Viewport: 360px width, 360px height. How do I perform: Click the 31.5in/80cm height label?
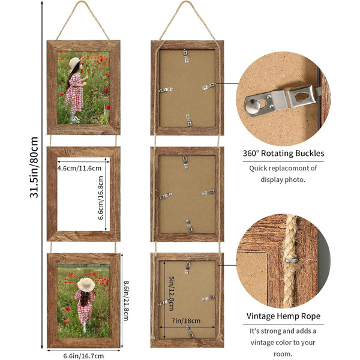pos(34,167)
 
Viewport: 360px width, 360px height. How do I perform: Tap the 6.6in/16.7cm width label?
pos(83,356)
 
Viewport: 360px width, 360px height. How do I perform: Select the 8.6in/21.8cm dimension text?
pos(126,301)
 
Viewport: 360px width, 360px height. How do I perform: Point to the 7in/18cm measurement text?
pos(186,320)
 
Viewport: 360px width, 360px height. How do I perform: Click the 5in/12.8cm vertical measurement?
pos(172,293)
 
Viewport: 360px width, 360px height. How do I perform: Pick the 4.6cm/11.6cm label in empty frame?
pos(79,168)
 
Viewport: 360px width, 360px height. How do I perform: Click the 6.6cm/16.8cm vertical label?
pos(101,198)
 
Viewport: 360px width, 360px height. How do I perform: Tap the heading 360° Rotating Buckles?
pos(284,153)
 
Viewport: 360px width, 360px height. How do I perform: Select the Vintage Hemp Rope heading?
pos(283,316)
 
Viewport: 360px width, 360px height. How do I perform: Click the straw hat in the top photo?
pos(75,64)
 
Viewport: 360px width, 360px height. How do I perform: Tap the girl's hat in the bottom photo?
pos(86,284)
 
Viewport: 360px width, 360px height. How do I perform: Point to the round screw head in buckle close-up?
pos(253,106)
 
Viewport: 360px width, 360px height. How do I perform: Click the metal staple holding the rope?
pos(292,260)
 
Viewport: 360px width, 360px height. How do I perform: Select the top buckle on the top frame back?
pos(186,56)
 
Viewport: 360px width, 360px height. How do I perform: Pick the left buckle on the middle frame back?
pos(166,196)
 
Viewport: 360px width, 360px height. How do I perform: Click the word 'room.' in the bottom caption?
pos(283,354)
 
